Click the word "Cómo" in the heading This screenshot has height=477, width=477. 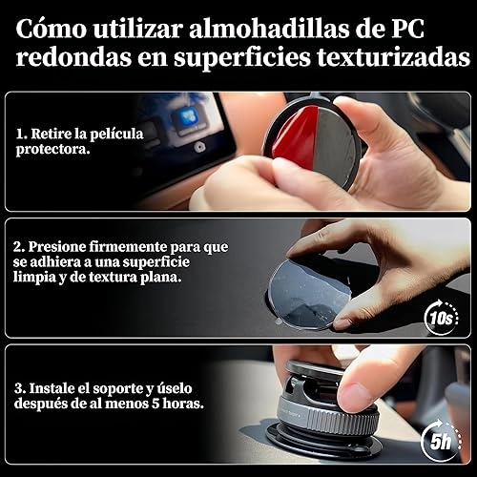(x=52, y=30)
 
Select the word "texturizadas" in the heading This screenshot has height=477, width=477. (x=394, y=58)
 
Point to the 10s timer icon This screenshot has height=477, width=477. (x=442, y=317)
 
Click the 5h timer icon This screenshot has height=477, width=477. (x=442, y=441)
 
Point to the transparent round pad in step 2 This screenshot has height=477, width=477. (x=307, y=294)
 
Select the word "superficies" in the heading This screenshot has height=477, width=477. (x=241, y=58)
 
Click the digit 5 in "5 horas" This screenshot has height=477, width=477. (x=156, y=404)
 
